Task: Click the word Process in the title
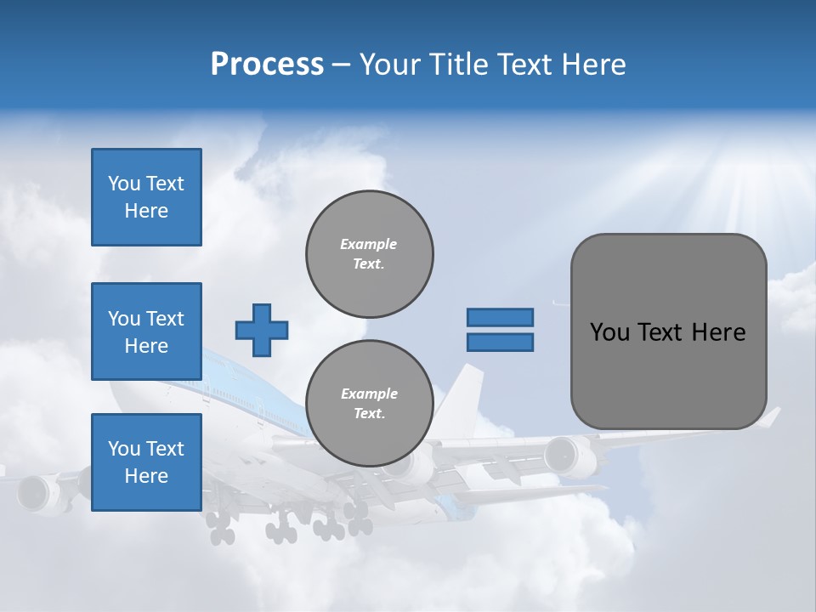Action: (267, 65)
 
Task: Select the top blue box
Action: (146, 197)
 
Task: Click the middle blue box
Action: (146, 331)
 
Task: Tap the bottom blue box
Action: (146, 462)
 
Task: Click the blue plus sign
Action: (262, 330)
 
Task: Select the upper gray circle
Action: (370, 253)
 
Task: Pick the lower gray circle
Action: (370, 403)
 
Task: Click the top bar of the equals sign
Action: (500, 317)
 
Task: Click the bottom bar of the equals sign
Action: (500, 342)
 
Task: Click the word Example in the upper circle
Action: (369, 244)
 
